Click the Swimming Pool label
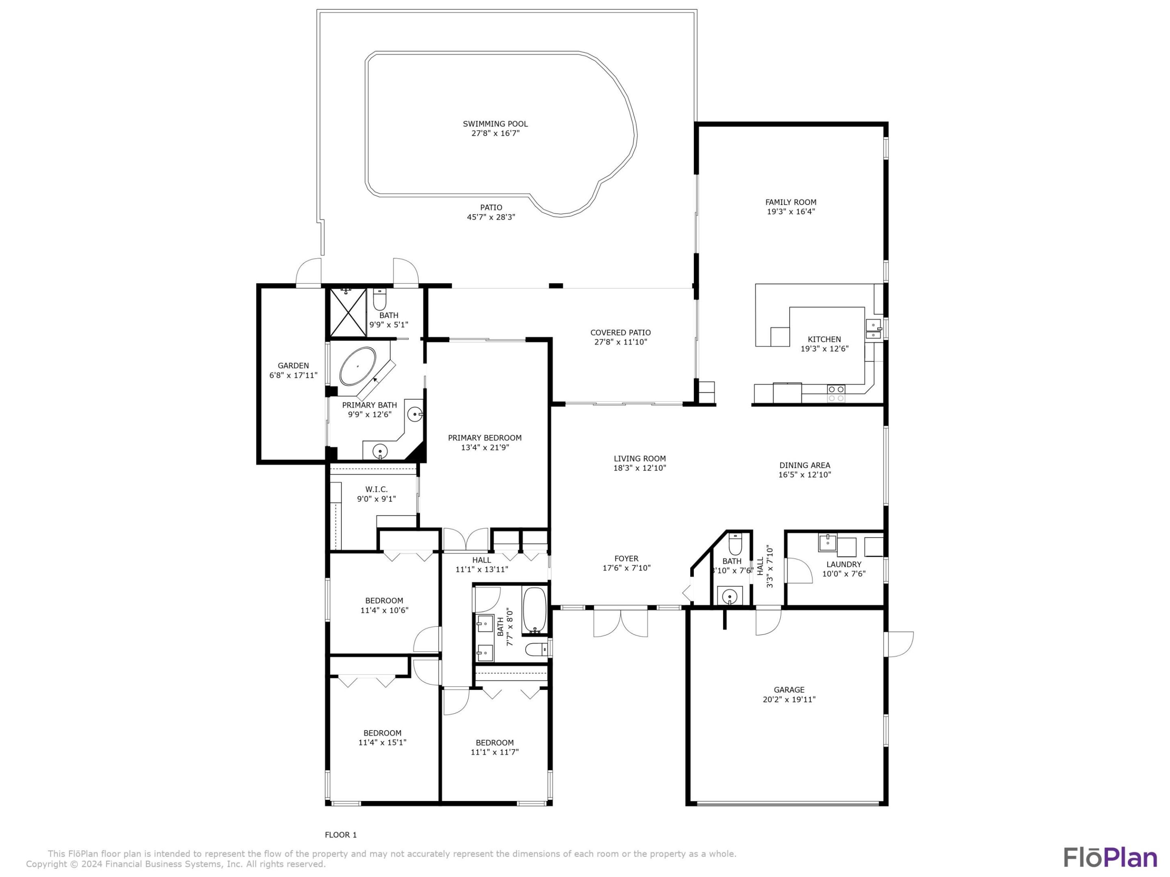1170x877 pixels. [x=495, y=124]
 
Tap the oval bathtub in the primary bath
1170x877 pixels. [x=357, y=366]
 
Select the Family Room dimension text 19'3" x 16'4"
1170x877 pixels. [x=791, y=212]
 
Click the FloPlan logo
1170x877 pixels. [x=1110, y=858]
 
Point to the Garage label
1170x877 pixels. [x=789, y=689]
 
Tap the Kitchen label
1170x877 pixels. [x=823, y=339]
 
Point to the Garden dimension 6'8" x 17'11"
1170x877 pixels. [x=293, y=375]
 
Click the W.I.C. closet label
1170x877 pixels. [x=376, y=490]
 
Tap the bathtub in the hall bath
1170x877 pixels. [x=534, y=611]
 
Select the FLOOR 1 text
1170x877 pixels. [x=340, y=835]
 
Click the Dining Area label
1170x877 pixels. [x=804, y=465]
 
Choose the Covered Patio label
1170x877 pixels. [x=620, y=333]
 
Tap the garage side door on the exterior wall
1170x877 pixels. [x=899, y=644]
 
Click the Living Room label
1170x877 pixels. [x=639, y=458]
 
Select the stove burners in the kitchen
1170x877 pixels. [x=836, y=393]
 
